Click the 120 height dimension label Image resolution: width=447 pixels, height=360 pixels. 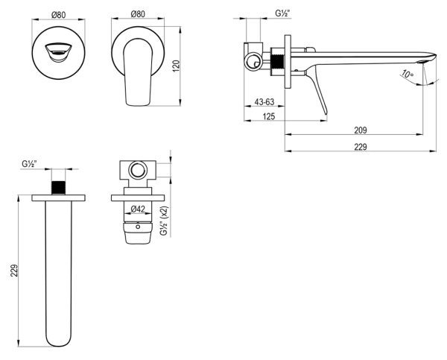177,66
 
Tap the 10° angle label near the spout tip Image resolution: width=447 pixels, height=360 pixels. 407,74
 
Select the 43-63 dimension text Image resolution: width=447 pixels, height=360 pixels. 264,102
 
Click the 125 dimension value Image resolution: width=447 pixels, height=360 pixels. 269,116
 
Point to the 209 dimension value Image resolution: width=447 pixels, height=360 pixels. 361,130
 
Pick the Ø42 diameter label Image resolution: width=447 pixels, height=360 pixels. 138,209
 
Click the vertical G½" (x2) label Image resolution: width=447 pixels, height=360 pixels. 165,221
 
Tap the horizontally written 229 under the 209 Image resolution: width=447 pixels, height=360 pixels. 361,147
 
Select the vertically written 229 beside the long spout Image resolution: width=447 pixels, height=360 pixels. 14,271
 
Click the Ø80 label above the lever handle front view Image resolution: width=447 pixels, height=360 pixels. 138,14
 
